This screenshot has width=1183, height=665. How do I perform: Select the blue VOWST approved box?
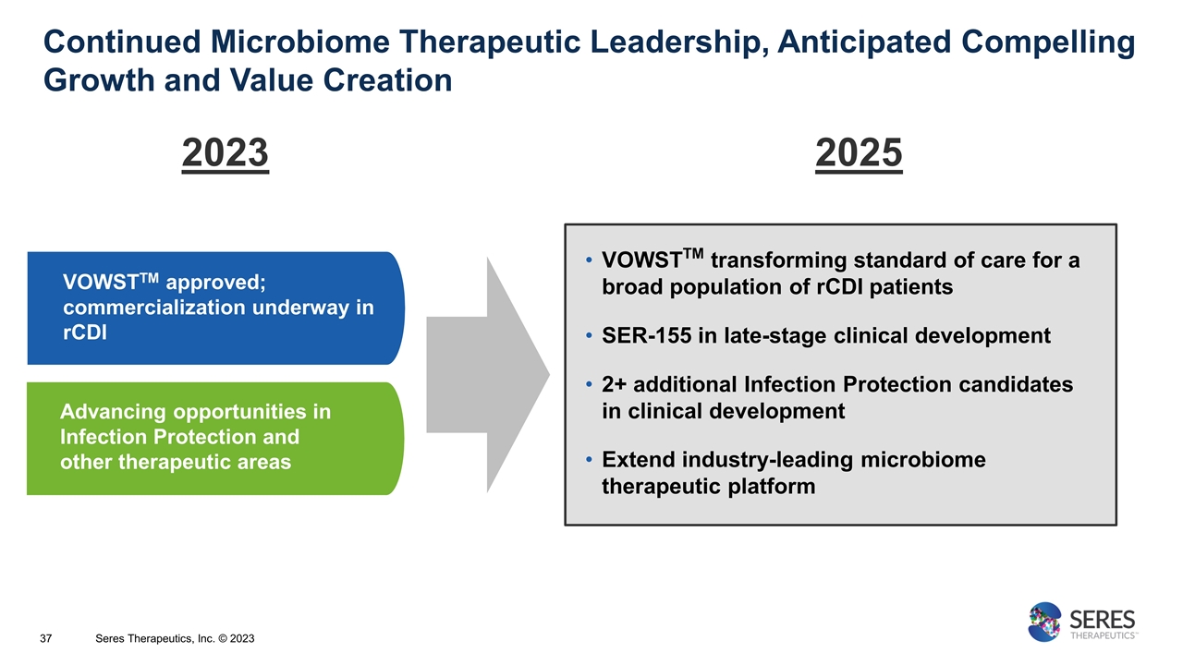point(214,308)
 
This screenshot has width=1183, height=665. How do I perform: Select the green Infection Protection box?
point(214,438)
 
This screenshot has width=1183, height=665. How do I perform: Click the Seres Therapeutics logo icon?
point(1045,622)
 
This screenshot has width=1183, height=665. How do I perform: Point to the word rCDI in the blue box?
point(85,333)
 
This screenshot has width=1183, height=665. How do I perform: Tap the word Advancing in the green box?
point(115,411)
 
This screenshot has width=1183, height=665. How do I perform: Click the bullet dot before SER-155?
point(590,336)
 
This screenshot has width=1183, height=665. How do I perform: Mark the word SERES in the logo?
point(1103,618)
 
